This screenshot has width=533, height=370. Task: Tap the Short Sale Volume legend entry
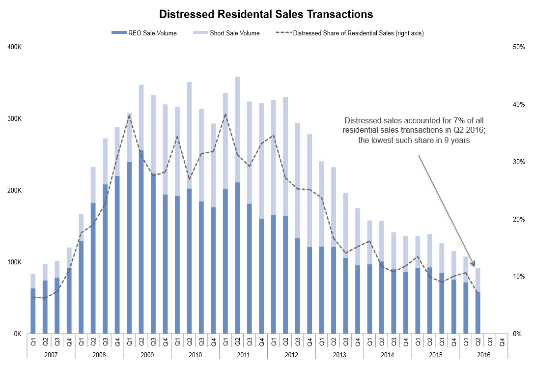234,33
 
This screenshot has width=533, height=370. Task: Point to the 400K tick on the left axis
15,47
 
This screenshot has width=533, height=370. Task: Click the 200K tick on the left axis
15,191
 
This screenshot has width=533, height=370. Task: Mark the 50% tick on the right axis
518,47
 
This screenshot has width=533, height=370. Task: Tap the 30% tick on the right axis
518,162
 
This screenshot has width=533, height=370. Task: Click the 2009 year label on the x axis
147,354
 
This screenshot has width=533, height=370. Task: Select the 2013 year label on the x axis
339,354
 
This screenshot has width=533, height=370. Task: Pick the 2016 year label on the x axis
484,354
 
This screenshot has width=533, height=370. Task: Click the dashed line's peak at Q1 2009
129,116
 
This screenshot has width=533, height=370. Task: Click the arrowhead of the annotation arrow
474,265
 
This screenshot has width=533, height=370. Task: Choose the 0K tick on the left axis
17,334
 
